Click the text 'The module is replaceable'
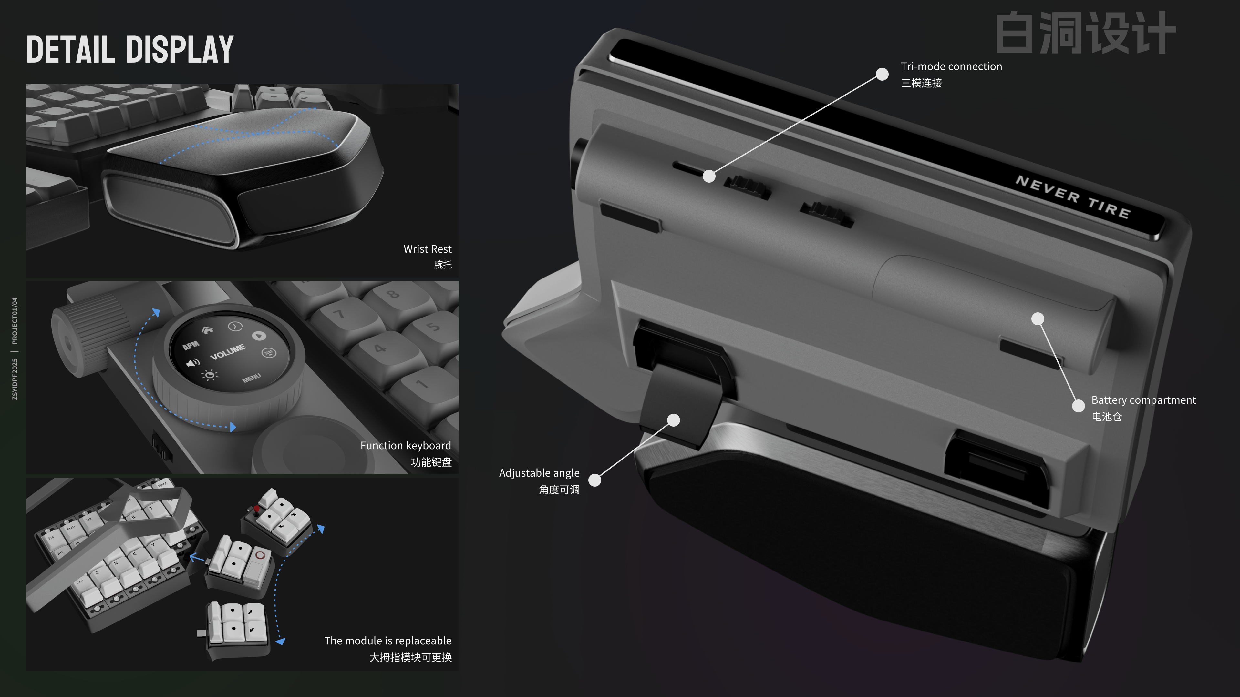click(387, 641)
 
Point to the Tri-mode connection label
click(951, 67)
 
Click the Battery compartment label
click(1143, 400)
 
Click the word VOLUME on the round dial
click(228, 352)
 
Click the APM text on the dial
click(191, 345)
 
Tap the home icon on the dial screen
click(207, 330)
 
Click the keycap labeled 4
click(380, 348)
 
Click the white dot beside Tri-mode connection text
click(882, 74)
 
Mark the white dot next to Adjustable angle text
click(595, 480)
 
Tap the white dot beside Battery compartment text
click(1078, 406)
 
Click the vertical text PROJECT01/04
click(15, 321)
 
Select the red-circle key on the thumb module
click(260, 556)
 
